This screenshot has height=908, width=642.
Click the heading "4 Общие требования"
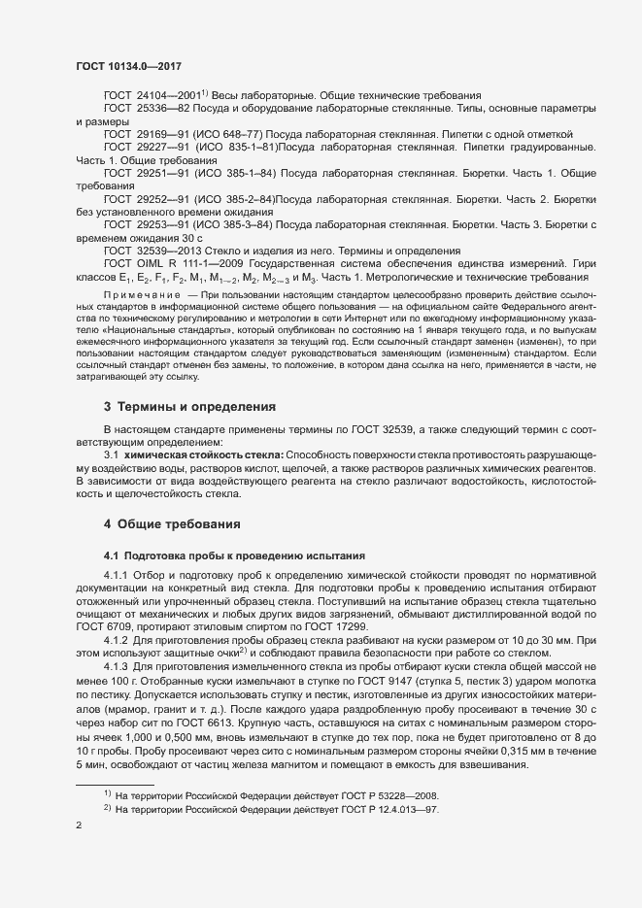[x=172, y=524]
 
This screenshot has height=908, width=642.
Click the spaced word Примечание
[x=137, y=292]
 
